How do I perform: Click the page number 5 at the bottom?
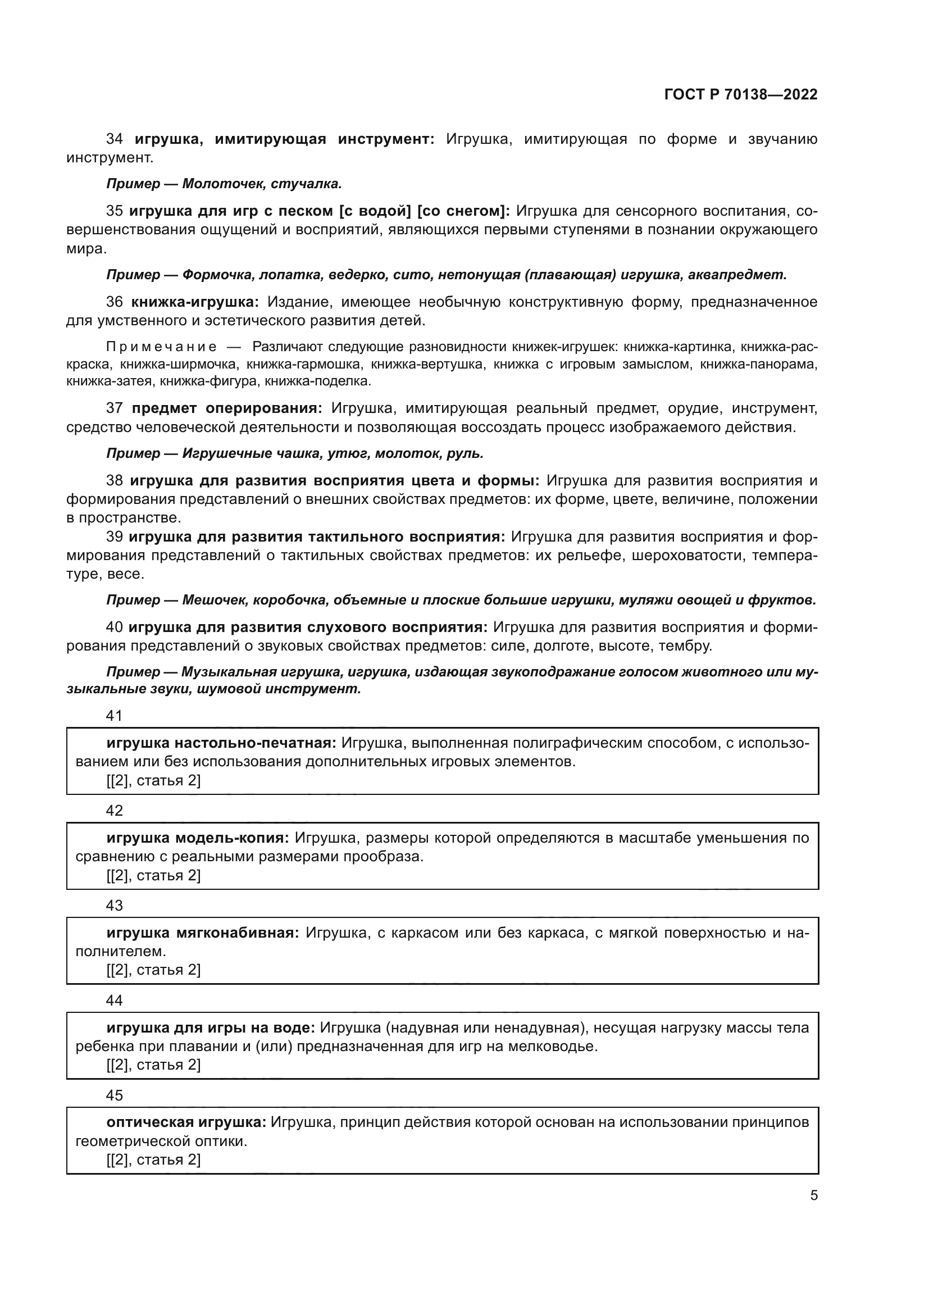(813, 1195)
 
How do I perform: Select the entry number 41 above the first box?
(115, 715)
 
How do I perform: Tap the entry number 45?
(115, 1095)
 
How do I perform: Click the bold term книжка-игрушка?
(194, 302)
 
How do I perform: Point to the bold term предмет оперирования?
(226, 408)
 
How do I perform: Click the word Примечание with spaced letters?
(161, 347)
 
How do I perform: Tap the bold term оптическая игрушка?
(186, 1122)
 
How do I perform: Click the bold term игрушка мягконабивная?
(203, 933)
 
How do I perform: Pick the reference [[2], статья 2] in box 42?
(153, 876)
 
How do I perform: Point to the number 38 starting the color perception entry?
(115, 480)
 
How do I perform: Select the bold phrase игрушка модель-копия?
(198, 838)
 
